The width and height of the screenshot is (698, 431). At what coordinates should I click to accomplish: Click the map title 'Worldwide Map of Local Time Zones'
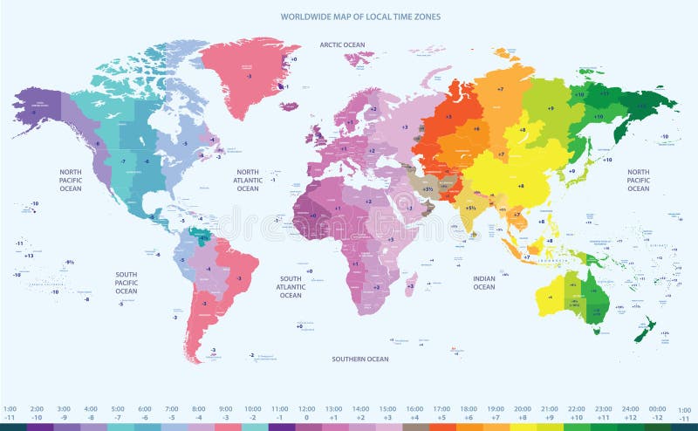(359, 17)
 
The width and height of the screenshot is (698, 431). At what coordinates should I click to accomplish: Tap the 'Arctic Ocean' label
(341, 44)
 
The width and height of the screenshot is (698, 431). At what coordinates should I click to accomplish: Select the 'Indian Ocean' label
(484, 282)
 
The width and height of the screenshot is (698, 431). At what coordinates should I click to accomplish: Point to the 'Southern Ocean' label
(359, 359)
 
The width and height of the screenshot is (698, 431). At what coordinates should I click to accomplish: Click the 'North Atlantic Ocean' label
(248, 180)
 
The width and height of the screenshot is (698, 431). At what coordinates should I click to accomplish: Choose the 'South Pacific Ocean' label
(127, 282)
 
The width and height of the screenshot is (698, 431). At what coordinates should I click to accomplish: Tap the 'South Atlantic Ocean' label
(291, 287)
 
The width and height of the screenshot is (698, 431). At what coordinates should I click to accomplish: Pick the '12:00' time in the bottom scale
(307, 408)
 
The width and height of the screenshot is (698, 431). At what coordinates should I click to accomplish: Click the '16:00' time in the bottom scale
(414, 408)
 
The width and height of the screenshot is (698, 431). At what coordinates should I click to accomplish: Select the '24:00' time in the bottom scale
(630, 408)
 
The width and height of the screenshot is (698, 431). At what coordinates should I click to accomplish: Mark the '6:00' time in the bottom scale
(145, 408)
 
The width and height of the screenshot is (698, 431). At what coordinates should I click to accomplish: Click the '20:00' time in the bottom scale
(523, 408)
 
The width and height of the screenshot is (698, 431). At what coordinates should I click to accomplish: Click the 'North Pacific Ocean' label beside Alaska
(71, 180)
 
